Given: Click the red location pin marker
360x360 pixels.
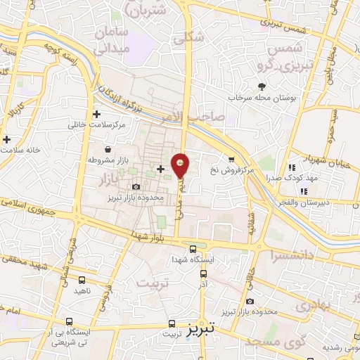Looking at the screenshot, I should click(x=181, y=166).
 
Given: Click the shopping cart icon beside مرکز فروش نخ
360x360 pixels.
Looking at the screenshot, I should click(x=230, y=159).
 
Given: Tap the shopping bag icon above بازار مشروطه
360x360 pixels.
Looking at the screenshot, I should click(x=107, y=149).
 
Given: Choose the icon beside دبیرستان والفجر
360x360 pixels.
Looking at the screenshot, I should click(x=304, y=191).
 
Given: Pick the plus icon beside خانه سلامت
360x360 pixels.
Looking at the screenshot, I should click(x=7, y=139).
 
